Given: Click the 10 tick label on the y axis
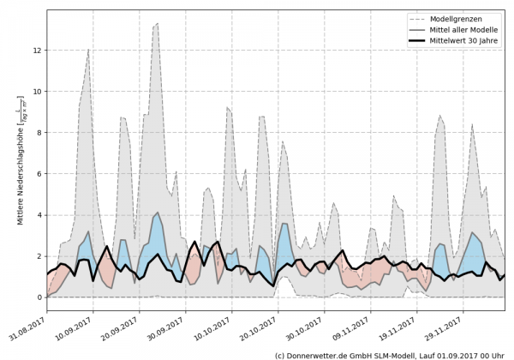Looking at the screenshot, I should pyautogui.click(x=37, y=92).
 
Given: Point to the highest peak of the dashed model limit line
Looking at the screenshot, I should pyautogui.click(x=156, y=24).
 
